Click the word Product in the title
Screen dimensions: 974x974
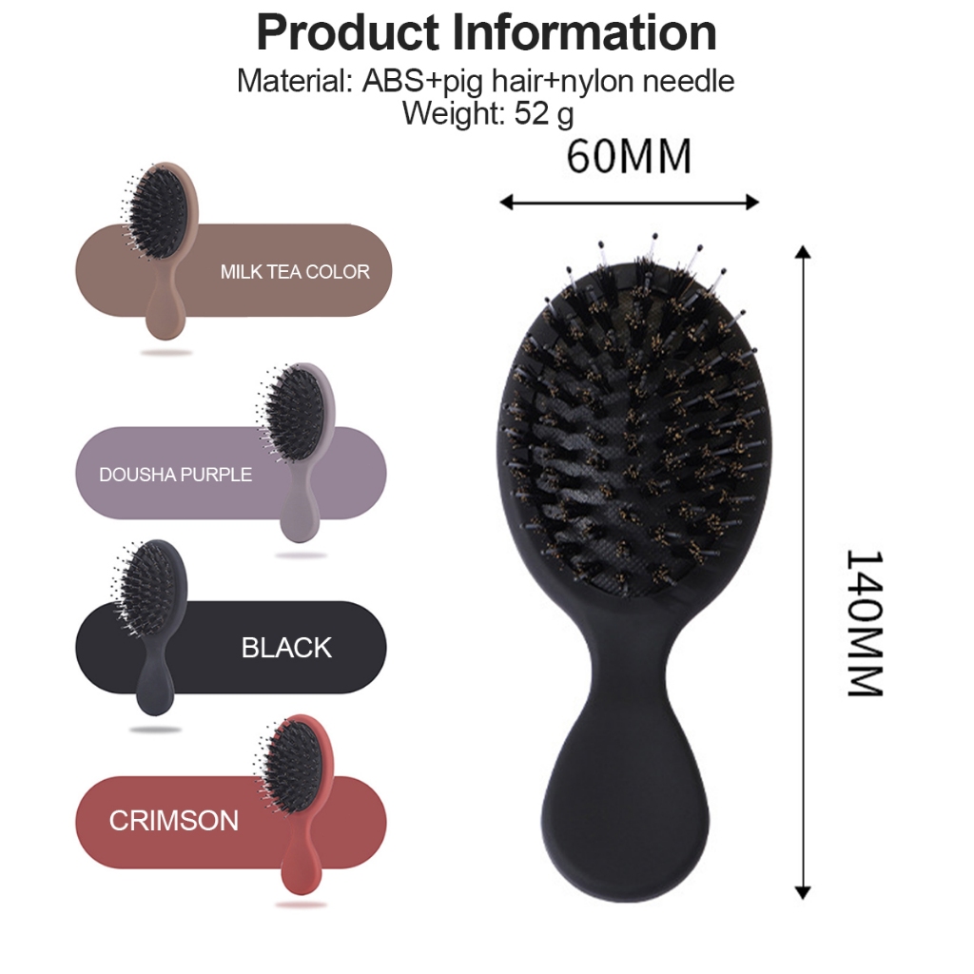point(347,33)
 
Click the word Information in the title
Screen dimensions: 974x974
point(584,33)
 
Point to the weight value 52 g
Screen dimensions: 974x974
point(544,114)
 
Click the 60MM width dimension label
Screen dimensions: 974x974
point(629,157)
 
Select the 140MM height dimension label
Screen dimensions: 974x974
point(866,622)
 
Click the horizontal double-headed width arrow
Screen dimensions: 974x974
point(630,202)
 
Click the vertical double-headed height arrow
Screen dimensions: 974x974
point(803,572)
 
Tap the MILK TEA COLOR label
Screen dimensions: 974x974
point(295,271)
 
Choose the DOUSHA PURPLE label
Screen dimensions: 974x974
point(176,475)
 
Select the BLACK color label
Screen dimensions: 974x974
point(286,648)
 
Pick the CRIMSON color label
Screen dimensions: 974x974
point(174,821)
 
